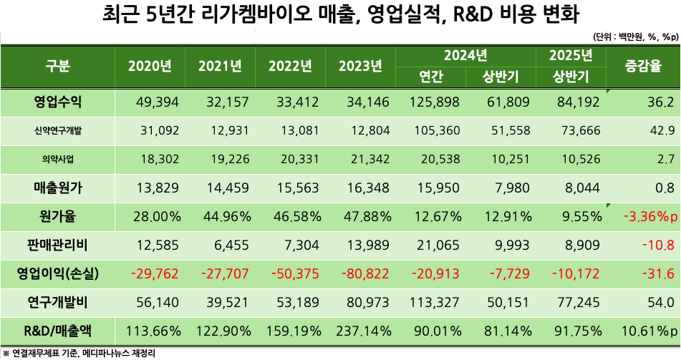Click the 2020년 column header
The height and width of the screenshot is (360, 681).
pos(150,67)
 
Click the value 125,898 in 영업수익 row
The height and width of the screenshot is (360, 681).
pos(435,102)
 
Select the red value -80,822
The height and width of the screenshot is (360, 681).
pos(364,274)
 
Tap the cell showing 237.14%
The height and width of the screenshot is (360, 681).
pos(364,331)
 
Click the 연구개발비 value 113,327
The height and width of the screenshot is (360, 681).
pos(435,303)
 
